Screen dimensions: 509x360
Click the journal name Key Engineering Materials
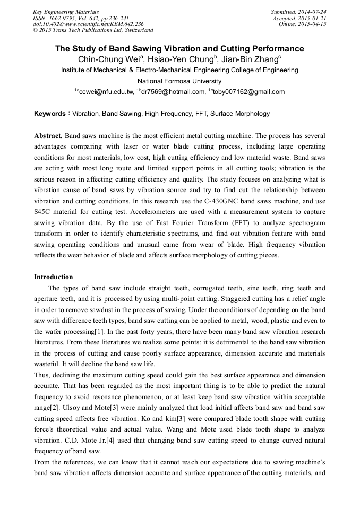click(x=66, y=12)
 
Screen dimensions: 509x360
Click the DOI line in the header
click(x=88, y=24)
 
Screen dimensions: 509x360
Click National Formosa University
click(x=179, y=81)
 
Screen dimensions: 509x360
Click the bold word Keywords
click(x=50, y=114)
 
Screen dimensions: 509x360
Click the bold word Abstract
click(x=48, y=136)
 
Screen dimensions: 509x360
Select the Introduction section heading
click(x=54, y=277)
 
